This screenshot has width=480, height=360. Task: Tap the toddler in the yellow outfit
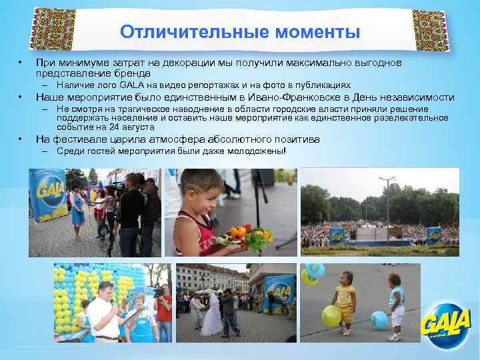coord(346,300)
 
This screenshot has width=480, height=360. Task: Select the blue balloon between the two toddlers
coord(378,319)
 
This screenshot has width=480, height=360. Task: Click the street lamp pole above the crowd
coord(387,200)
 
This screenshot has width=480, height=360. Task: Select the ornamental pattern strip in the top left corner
coord(49,31)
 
